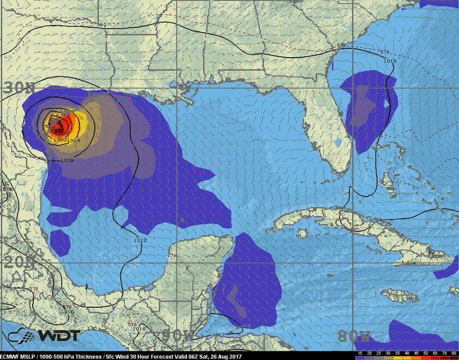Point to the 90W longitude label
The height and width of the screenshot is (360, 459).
178,336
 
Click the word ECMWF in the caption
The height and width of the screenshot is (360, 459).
11,356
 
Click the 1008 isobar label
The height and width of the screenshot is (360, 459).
67,160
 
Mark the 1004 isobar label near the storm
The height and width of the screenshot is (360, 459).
74,141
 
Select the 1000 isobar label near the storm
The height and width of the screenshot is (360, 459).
60,140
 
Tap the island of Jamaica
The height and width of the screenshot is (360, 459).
399,296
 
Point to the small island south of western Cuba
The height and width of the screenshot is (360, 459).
302,233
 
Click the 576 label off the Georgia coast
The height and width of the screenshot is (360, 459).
385,52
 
